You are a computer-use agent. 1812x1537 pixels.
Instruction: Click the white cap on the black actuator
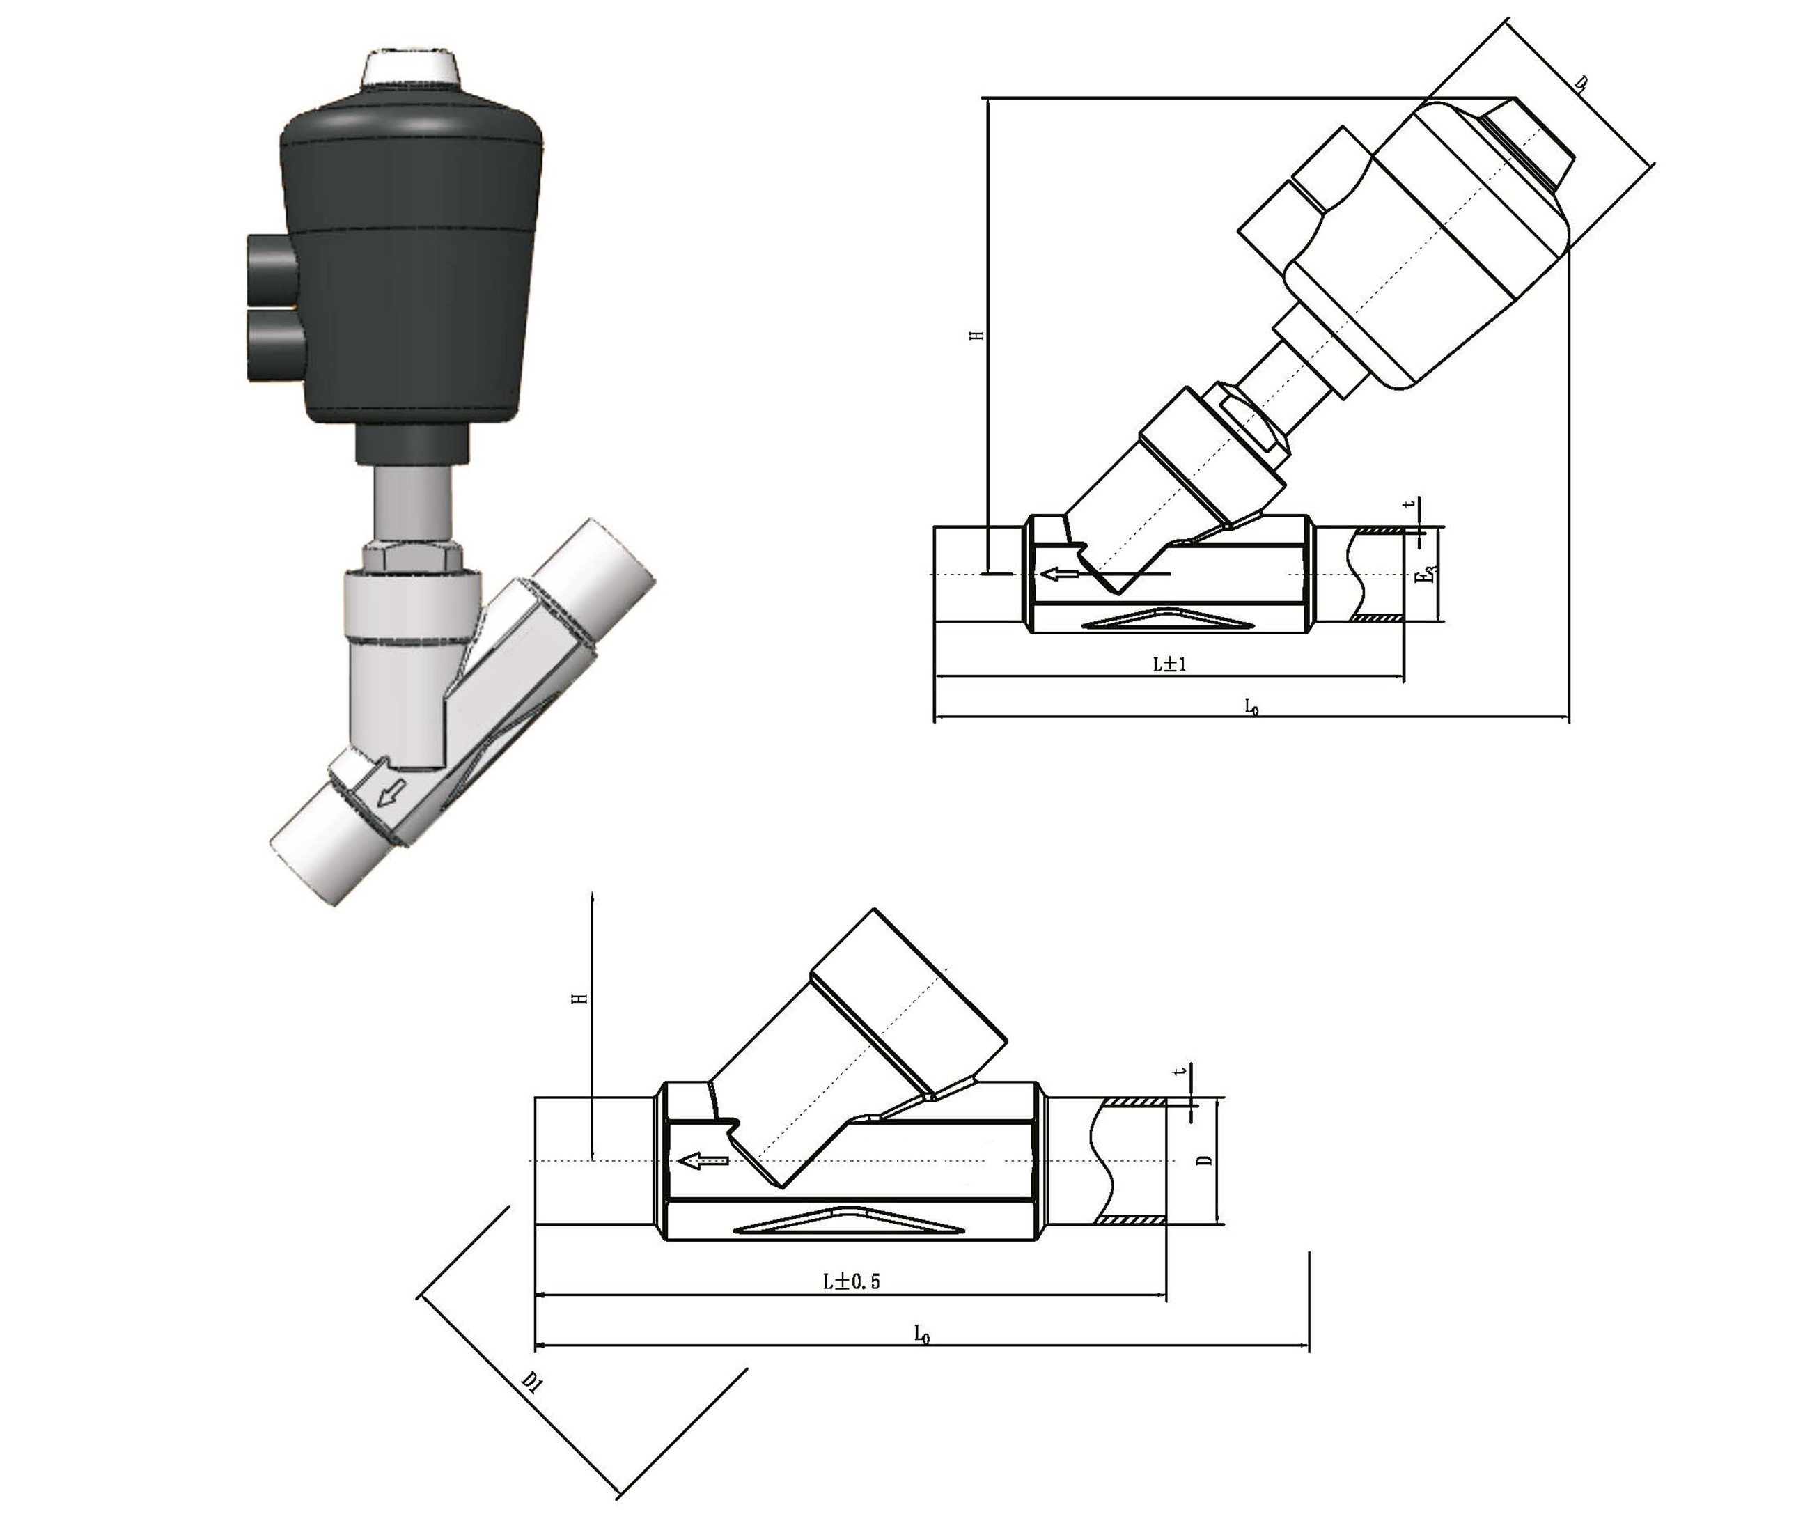pos(410,69)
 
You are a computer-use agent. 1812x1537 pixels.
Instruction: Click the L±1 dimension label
pos(1170,664)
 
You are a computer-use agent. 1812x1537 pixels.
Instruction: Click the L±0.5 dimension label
pos(852,1281)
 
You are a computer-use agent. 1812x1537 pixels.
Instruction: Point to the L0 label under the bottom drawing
pos(922,1332)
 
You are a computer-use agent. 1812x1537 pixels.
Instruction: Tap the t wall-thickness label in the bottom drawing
pos(1181,1071)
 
